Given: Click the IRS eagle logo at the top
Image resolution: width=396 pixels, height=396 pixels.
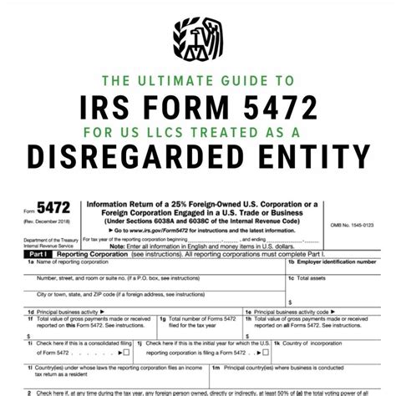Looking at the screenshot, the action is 198,35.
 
